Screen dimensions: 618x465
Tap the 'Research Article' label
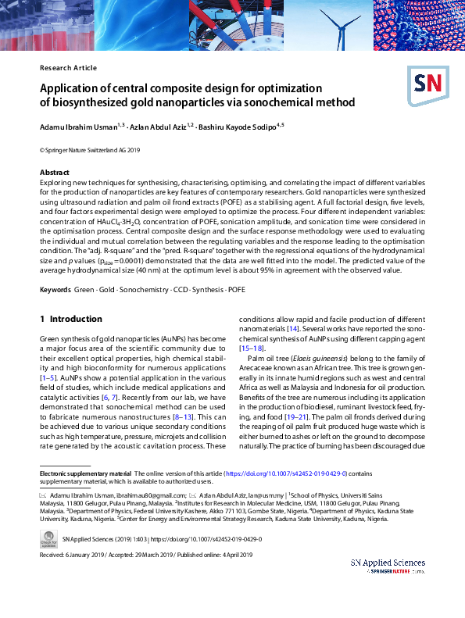point(68,68)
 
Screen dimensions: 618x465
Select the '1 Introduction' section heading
point(71,319)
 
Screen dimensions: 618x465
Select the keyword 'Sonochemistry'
point(145,290)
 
